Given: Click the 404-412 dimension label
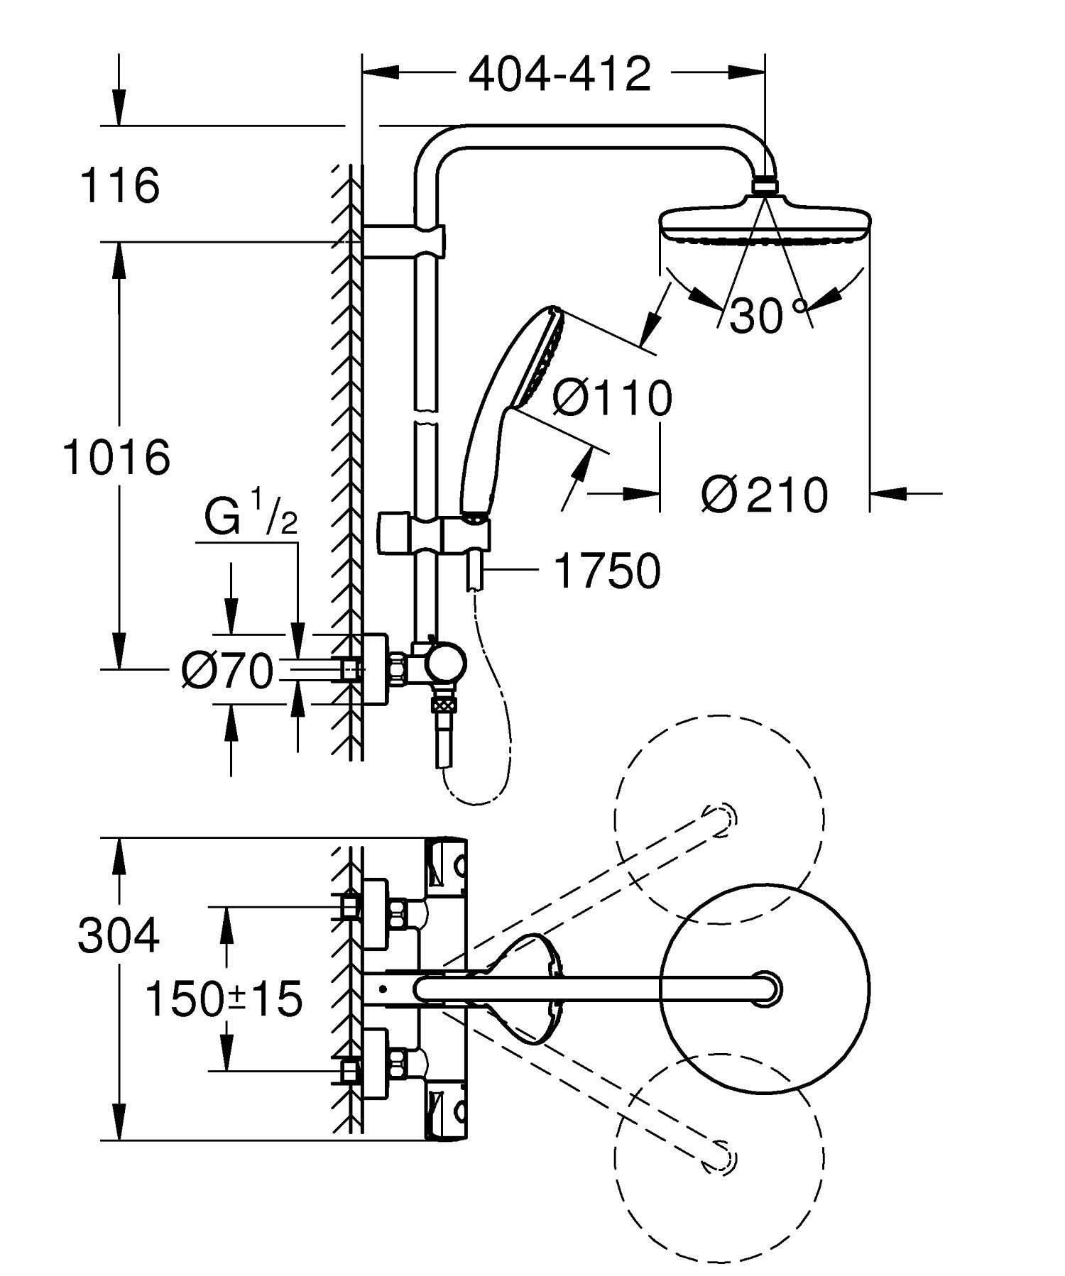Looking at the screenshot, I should [559, 74].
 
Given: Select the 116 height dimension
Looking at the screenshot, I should [119, 186].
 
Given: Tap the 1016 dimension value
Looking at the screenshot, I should [116, 457].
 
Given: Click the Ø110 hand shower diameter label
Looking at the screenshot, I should [612, 398].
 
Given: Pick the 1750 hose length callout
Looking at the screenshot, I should [608, 571].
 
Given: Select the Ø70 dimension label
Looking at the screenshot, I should [227, 670].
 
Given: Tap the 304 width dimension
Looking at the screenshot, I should [119, 936].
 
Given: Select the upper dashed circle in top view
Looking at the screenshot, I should [720, 818].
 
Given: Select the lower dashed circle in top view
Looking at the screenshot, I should [720, 1158].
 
